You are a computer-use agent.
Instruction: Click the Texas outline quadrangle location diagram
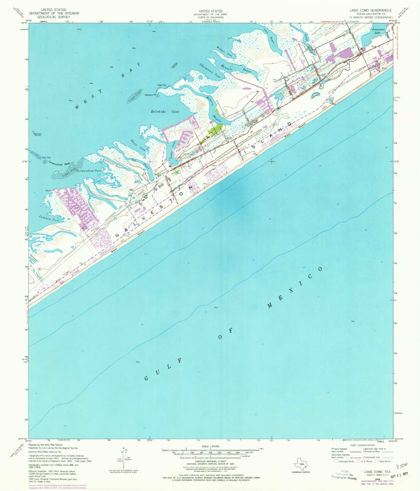coord(300,464)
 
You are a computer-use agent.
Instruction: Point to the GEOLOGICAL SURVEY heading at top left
coord(53,18)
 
